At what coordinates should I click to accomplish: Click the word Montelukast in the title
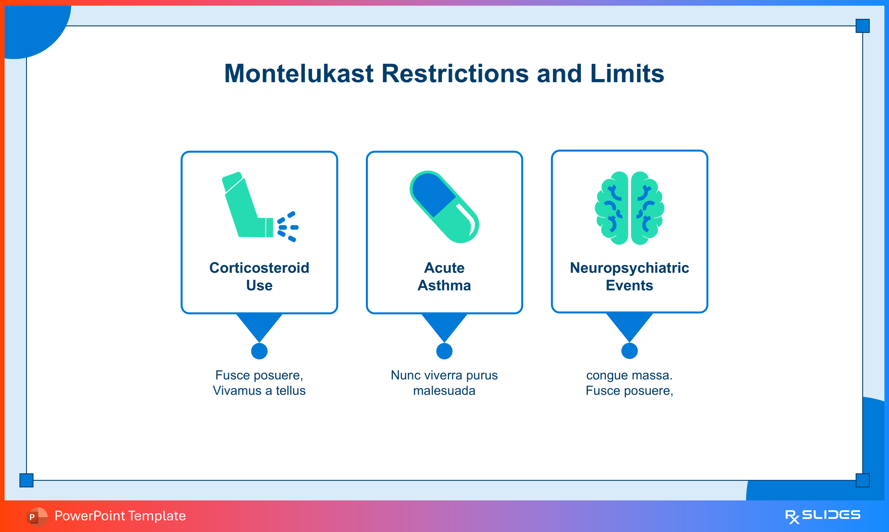click(299, 73)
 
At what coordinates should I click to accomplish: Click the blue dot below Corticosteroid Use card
click(259, 351)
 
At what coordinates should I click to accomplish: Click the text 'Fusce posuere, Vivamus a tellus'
click(259, 383)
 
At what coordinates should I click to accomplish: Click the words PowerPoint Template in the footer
click(120, 516)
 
